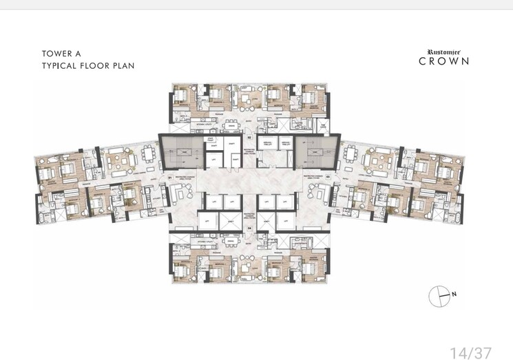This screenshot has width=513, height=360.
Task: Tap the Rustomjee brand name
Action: [445, 51]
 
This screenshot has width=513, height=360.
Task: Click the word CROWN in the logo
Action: [445, 61]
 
